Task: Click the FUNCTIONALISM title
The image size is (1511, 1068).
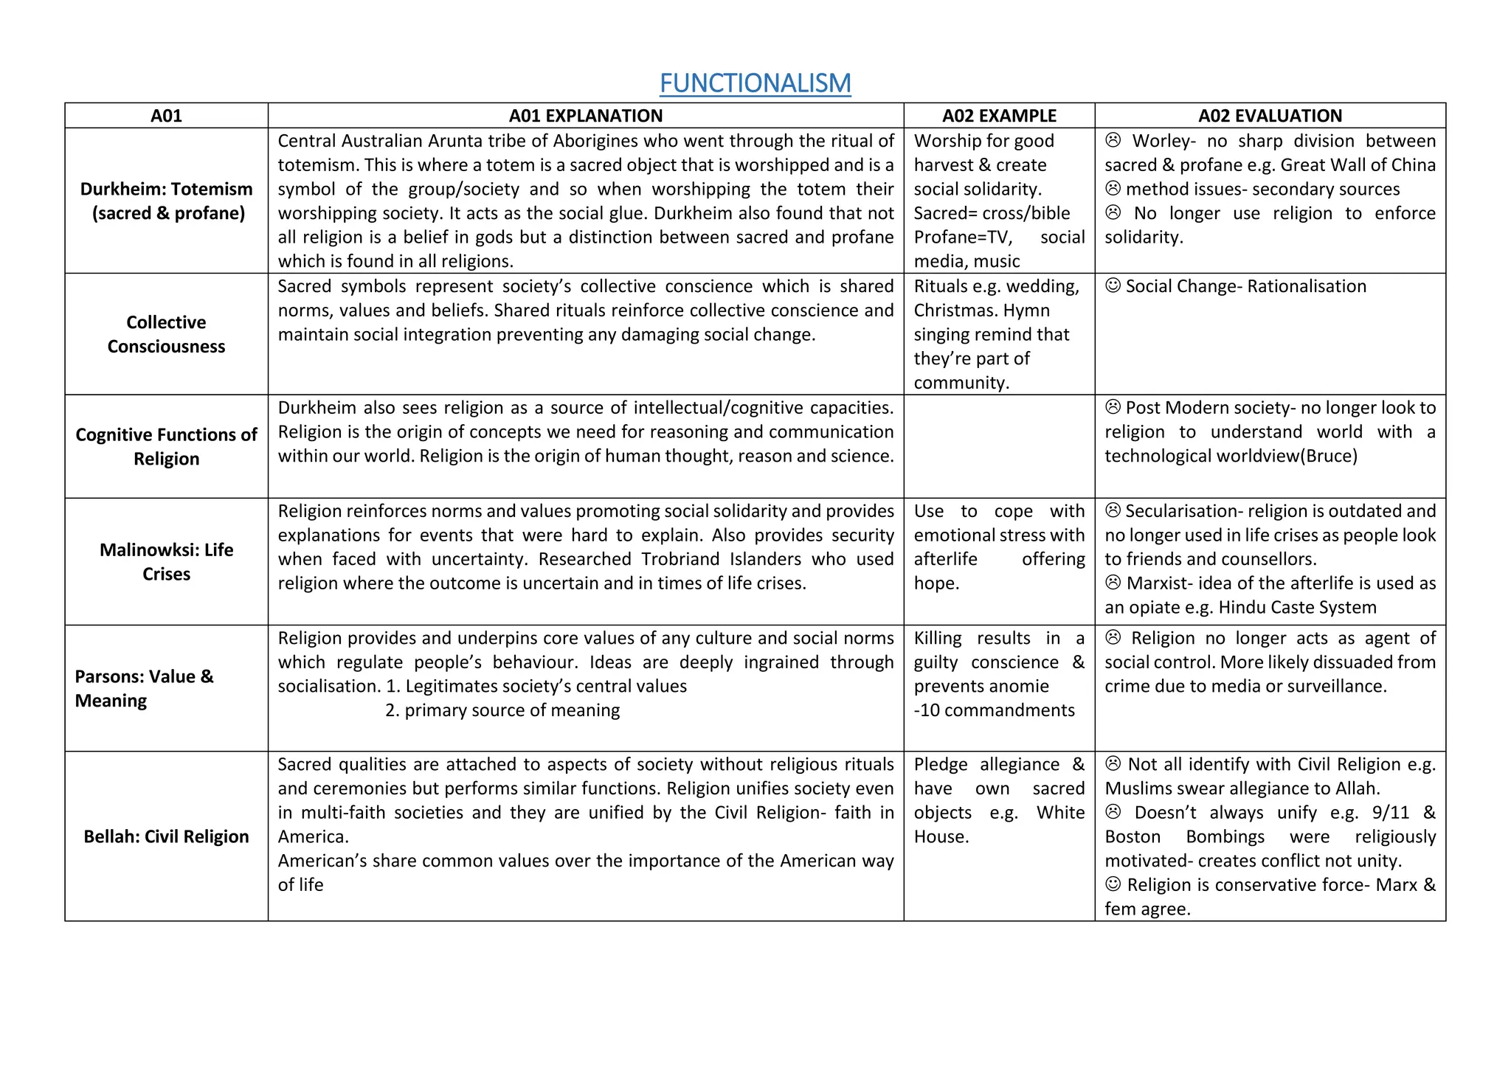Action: click(x=755, y=83)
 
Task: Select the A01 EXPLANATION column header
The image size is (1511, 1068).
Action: click(x=585, y=116)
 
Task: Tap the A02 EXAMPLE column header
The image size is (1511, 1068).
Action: click(x=999, y=116)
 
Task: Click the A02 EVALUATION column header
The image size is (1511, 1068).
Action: click(x=1270, y=116)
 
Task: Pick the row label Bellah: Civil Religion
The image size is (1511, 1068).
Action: click(x=166, y=836)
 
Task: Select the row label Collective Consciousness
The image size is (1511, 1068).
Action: click(x=166, y=334)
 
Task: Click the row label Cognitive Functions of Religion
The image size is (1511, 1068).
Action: click(x=166, y=446)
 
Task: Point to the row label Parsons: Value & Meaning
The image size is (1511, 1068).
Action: click(x=144, y=688)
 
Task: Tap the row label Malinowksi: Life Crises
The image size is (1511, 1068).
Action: click(x=166, y=561)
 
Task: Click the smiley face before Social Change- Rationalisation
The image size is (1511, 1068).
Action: click(x=1113, y=285)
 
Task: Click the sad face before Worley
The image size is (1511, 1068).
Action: click(x=1113, y=140)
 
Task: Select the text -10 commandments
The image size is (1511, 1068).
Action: click(x=994, y=710)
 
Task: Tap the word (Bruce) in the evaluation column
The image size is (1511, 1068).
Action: click(x=1330, y=456)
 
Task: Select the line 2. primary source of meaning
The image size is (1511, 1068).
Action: click(x=502, y=710)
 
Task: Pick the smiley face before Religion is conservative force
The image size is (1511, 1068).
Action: click(x=1113, y=884)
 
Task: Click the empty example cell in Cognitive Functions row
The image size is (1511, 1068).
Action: click(x=999, y=446)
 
